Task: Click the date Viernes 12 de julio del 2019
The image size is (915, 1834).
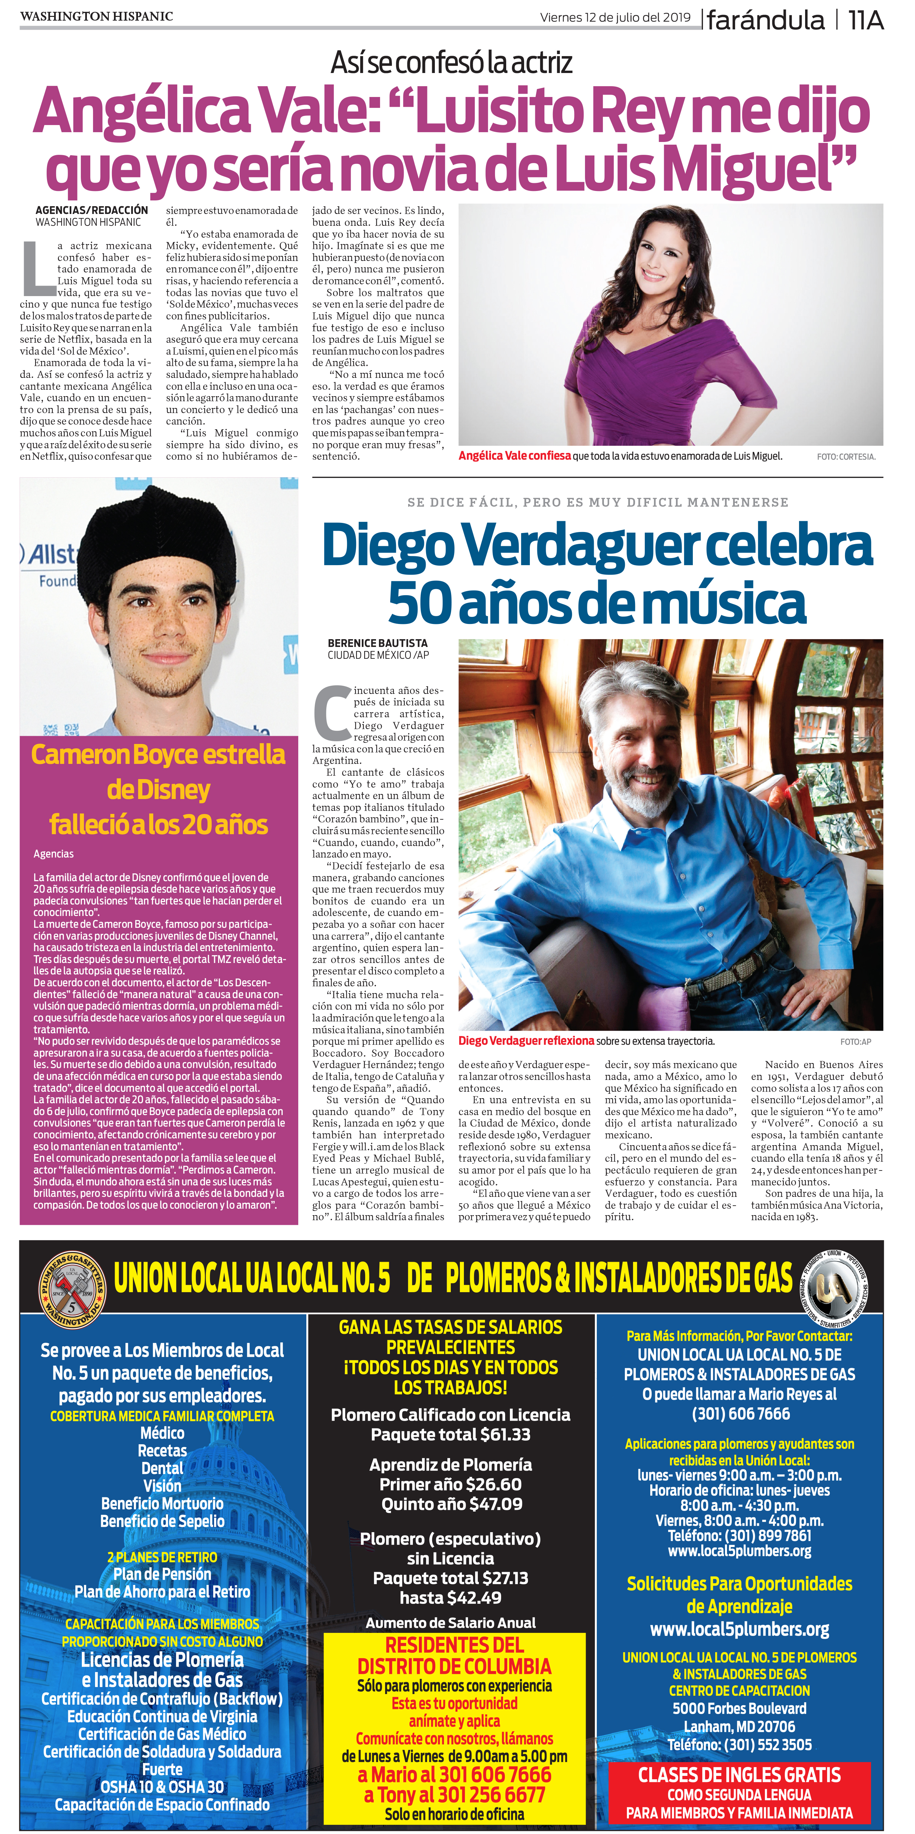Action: (x=615, y=18)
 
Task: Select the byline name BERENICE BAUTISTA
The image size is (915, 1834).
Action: (x=377, y=643)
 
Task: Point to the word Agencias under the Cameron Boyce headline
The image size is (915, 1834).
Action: (x=53, y=854)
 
